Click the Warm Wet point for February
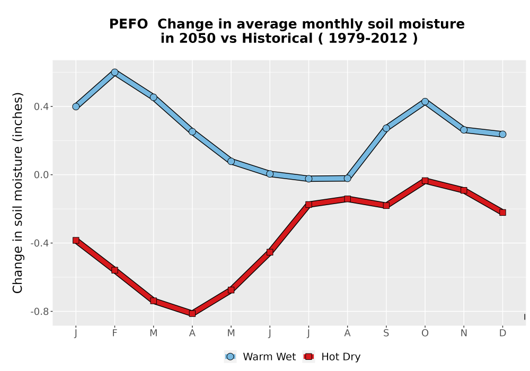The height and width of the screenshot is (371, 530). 114,72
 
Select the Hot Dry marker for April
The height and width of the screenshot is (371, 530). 192,314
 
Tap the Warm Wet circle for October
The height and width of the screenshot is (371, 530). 425,102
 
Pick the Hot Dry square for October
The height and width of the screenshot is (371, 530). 425,181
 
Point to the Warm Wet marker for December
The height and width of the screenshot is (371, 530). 502,134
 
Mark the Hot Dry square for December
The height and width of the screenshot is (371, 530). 502,213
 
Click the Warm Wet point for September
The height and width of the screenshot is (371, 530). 386,128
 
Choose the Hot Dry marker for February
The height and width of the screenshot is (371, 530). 114,270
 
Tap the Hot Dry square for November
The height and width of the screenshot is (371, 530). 464,191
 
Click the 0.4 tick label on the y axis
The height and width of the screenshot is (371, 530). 41,107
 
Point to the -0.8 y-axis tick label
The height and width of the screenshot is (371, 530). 39,312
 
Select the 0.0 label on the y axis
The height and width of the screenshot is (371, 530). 41,175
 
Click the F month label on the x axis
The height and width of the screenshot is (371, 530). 114,333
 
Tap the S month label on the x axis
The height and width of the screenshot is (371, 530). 386,333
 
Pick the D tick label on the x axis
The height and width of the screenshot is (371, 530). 502,333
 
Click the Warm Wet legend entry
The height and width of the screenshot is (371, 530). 260,357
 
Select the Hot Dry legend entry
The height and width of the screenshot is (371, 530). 332,357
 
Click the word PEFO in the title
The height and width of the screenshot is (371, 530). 128,24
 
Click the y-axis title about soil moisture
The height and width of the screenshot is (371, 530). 17,193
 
